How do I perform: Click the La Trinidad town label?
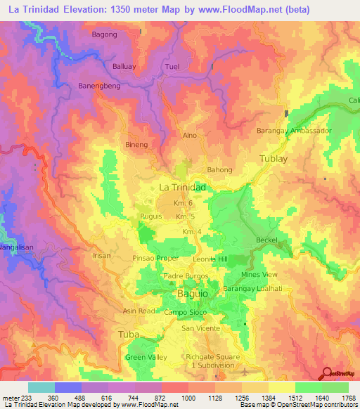182,188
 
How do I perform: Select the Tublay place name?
274,159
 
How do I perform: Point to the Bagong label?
105,34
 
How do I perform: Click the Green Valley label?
146,358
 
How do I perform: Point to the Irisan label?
103,256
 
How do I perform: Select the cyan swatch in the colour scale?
41,387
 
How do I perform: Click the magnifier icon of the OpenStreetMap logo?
326,373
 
